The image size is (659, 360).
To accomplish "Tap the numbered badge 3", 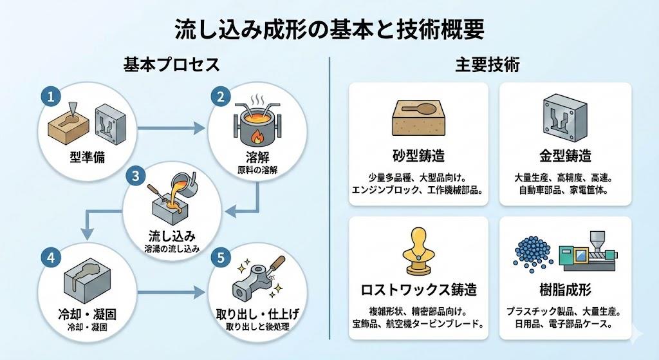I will (135, 175).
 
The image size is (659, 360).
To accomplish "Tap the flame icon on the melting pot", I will (254, 137).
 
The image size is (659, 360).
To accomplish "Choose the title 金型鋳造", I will (565, 156).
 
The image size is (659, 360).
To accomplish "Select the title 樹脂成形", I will (565, 289).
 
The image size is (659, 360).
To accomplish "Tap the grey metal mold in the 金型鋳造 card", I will (565, 118).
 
